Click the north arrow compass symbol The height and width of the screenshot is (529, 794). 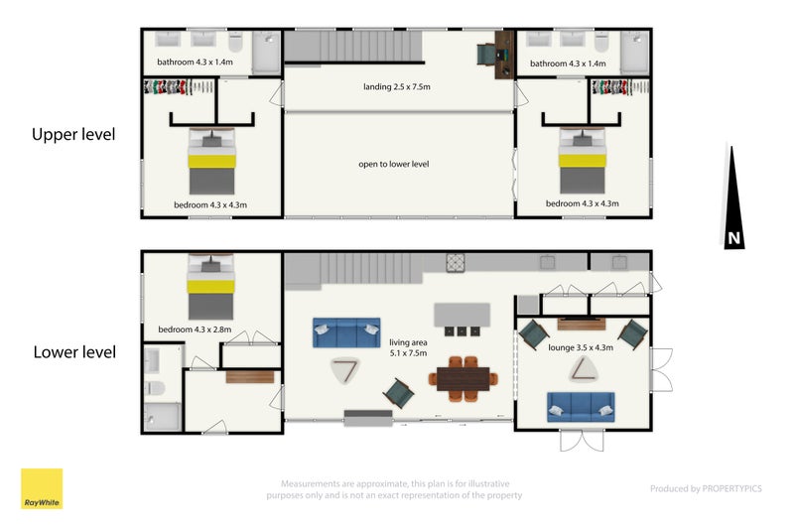click(x=732, y=202)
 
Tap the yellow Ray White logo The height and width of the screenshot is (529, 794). click(x=42, y=488)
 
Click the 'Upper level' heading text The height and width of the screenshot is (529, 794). click(x=73, y=135)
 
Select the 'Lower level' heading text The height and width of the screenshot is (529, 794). click(x=74, y=352)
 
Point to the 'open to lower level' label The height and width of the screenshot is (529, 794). click(x=393, y=164)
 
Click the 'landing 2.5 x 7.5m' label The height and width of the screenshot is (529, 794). click(x=396, y=86)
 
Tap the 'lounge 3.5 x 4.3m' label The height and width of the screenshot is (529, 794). click(x=581, y=347)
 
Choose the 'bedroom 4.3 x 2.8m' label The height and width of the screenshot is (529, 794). click(x=195, y=330)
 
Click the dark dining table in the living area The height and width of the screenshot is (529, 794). click(x=463, y=379)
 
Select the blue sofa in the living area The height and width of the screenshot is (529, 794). click(x=346, y=332)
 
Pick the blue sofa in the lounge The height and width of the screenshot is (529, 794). click(x=581, y=407)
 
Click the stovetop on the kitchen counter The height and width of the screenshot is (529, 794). click(x=456, y=263)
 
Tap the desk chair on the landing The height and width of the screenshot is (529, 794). click(x=486, y=55)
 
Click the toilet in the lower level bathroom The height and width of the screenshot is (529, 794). click(x=155, y=388)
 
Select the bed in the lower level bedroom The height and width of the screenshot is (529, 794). click(x=210, y=287)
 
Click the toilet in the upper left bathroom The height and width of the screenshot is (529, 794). click(x=235, y=42)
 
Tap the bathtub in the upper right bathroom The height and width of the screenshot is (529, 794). click(x=634, y=53)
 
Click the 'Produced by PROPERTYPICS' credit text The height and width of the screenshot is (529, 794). click(x=706, y=488)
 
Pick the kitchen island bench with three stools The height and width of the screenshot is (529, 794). click(x=462, y=320)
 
